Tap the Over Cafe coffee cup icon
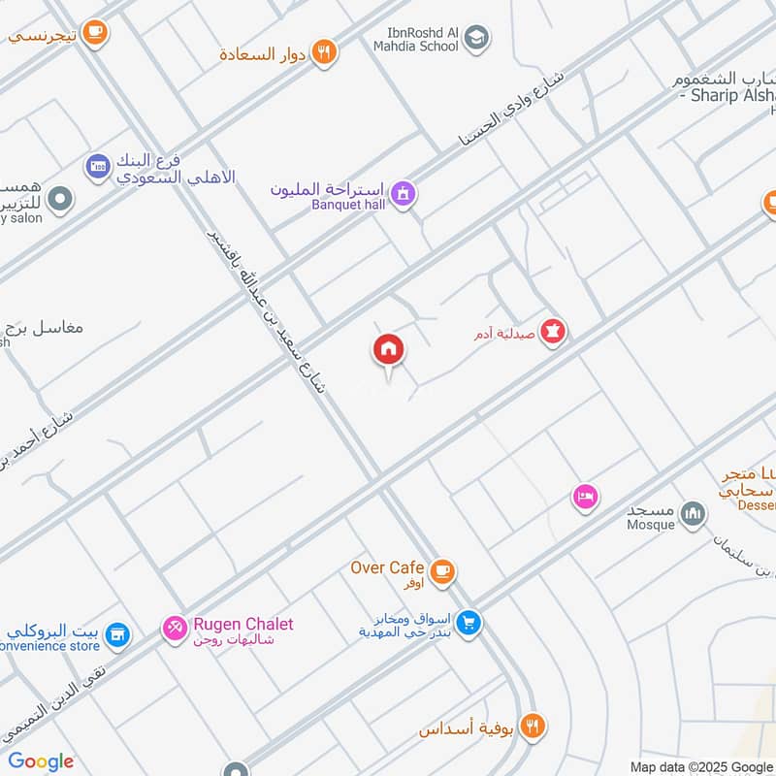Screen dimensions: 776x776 (x=443, y=571)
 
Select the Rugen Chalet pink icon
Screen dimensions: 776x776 (x=176, y=630)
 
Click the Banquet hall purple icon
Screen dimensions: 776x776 (x=405, y=194)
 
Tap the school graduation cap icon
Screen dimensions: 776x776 (x=475, y=39)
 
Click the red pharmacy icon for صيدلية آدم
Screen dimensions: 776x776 (x=554, y=332)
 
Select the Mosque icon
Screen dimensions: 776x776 (x=692, y=514)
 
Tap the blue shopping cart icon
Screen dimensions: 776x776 (x=469, y=622)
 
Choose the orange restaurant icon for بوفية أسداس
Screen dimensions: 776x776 (x=532, y=725)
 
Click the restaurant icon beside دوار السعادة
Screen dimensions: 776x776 (x=325, y=52)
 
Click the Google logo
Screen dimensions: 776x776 (x=41, y=761)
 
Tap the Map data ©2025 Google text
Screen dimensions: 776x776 (x=701, y=766)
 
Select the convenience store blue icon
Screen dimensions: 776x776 (x=117, y=635)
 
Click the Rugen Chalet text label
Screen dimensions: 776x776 (x=242, y=625)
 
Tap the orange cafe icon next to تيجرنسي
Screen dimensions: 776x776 (x=94, y=33)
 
